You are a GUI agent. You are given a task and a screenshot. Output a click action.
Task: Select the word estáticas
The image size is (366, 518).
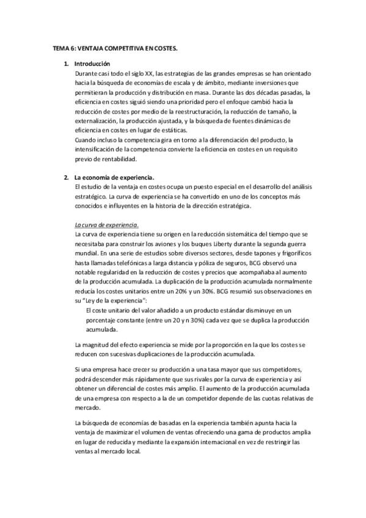click(191, 130)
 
